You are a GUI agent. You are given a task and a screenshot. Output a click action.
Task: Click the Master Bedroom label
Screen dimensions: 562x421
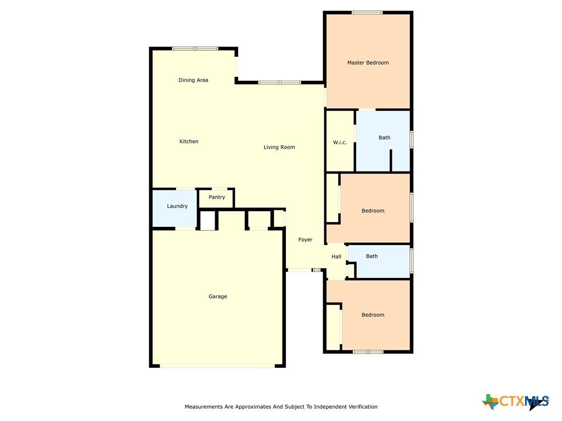368,62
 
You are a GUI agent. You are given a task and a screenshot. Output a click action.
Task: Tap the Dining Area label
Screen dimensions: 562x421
193,80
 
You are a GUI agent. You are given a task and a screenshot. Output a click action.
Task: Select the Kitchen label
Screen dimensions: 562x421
189,141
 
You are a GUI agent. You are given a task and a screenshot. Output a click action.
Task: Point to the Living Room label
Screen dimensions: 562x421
279,147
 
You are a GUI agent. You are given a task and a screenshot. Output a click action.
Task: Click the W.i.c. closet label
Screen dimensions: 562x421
340,143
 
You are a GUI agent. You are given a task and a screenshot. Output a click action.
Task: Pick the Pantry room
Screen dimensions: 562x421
216,198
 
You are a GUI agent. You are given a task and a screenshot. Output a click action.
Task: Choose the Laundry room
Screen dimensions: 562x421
175,208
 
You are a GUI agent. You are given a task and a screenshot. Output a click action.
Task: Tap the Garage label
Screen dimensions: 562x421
217,297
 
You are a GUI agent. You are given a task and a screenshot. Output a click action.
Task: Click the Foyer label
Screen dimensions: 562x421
305,240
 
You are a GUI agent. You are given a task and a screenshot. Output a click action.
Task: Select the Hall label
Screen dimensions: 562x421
336,257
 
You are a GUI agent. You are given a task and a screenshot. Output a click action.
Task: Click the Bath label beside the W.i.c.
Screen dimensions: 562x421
385,138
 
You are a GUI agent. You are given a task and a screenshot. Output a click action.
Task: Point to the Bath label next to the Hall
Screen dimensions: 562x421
372,257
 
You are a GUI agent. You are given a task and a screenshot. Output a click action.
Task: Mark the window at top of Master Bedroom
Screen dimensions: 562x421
367,13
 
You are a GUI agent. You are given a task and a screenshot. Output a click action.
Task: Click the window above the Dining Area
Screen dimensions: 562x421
195,49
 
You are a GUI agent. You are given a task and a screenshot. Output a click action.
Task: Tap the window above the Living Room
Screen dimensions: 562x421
279,83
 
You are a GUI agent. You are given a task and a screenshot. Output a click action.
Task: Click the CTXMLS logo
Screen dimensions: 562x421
515,402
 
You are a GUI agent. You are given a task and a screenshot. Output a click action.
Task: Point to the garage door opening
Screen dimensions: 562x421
217,366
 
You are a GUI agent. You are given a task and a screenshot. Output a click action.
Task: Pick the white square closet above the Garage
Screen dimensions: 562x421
207,221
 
